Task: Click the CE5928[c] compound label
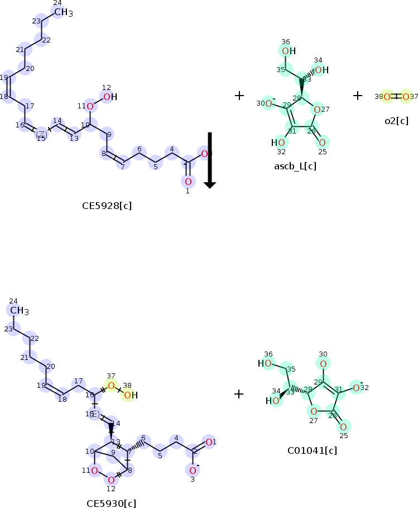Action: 107,206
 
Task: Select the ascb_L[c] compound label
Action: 295,166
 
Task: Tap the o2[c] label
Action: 396,121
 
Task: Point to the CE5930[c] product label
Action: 111,503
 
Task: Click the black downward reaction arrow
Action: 210,160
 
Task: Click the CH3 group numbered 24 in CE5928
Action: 62,12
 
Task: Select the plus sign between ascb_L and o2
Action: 358,96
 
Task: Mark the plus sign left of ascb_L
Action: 239,96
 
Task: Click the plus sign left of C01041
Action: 239,394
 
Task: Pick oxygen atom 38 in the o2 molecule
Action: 387,97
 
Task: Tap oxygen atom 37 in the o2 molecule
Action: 406,97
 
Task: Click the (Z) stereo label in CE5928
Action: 41,134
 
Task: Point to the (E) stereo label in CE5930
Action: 94,414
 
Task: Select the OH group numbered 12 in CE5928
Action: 109,97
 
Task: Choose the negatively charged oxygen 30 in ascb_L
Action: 268,103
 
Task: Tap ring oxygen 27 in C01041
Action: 314,412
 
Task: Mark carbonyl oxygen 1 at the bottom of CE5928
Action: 188,181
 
